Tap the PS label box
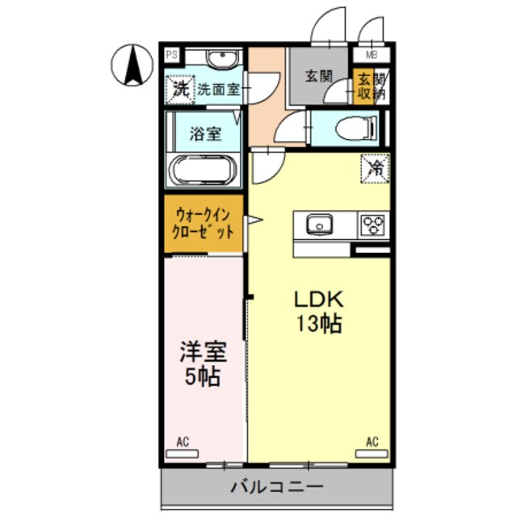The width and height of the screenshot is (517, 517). click(171, 56)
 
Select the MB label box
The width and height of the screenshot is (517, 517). click(372, 56)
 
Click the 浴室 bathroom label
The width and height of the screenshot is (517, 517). click(205, 134)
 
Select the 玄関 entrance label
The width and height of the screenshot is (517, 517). click(318, 77)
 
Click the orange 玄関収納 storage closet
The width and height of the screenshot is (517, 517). click(364, 86)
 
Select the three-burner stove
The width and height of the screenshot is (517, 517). click(373, 223)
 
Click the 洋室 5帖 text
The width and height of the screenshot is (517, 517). click(202, 364)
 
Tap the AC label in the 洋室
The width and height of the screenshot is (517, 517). click(183, 442)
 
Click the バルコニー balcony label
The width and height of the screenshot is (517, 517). click(277, 487)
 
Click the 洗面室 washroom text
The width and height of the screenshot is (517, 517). click(218, 89)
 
